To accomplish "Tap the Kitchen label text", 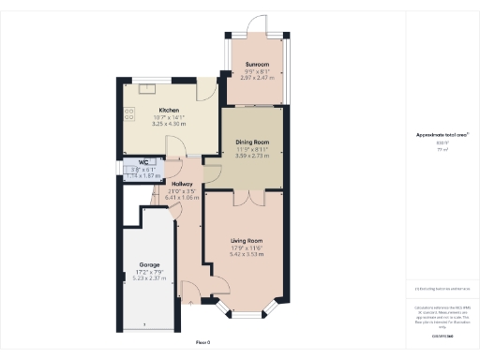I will pyautogui.click(x=169, y=109).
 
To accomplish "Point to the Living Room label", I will pyautogui.click(x=247, y=242).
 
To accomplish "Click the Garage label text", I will pyautogui.click(x=149, y=265).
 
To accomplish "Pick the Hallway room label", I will pyautogui.click(x=183, y=184).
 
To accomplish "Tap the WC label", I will pyautogui.click(x=144, y=162).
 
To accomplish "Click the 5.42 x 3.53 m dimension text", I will pyautogui.click(x=247, y=254).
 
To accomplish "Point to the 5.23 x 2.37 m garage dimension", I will pyautogui.click(x=149, y=278).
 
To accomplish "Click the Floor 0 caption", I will pyautogui.click(x=202, y=341).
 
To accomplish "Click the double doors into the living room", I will pyautogui.click(x=247, y=199).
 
